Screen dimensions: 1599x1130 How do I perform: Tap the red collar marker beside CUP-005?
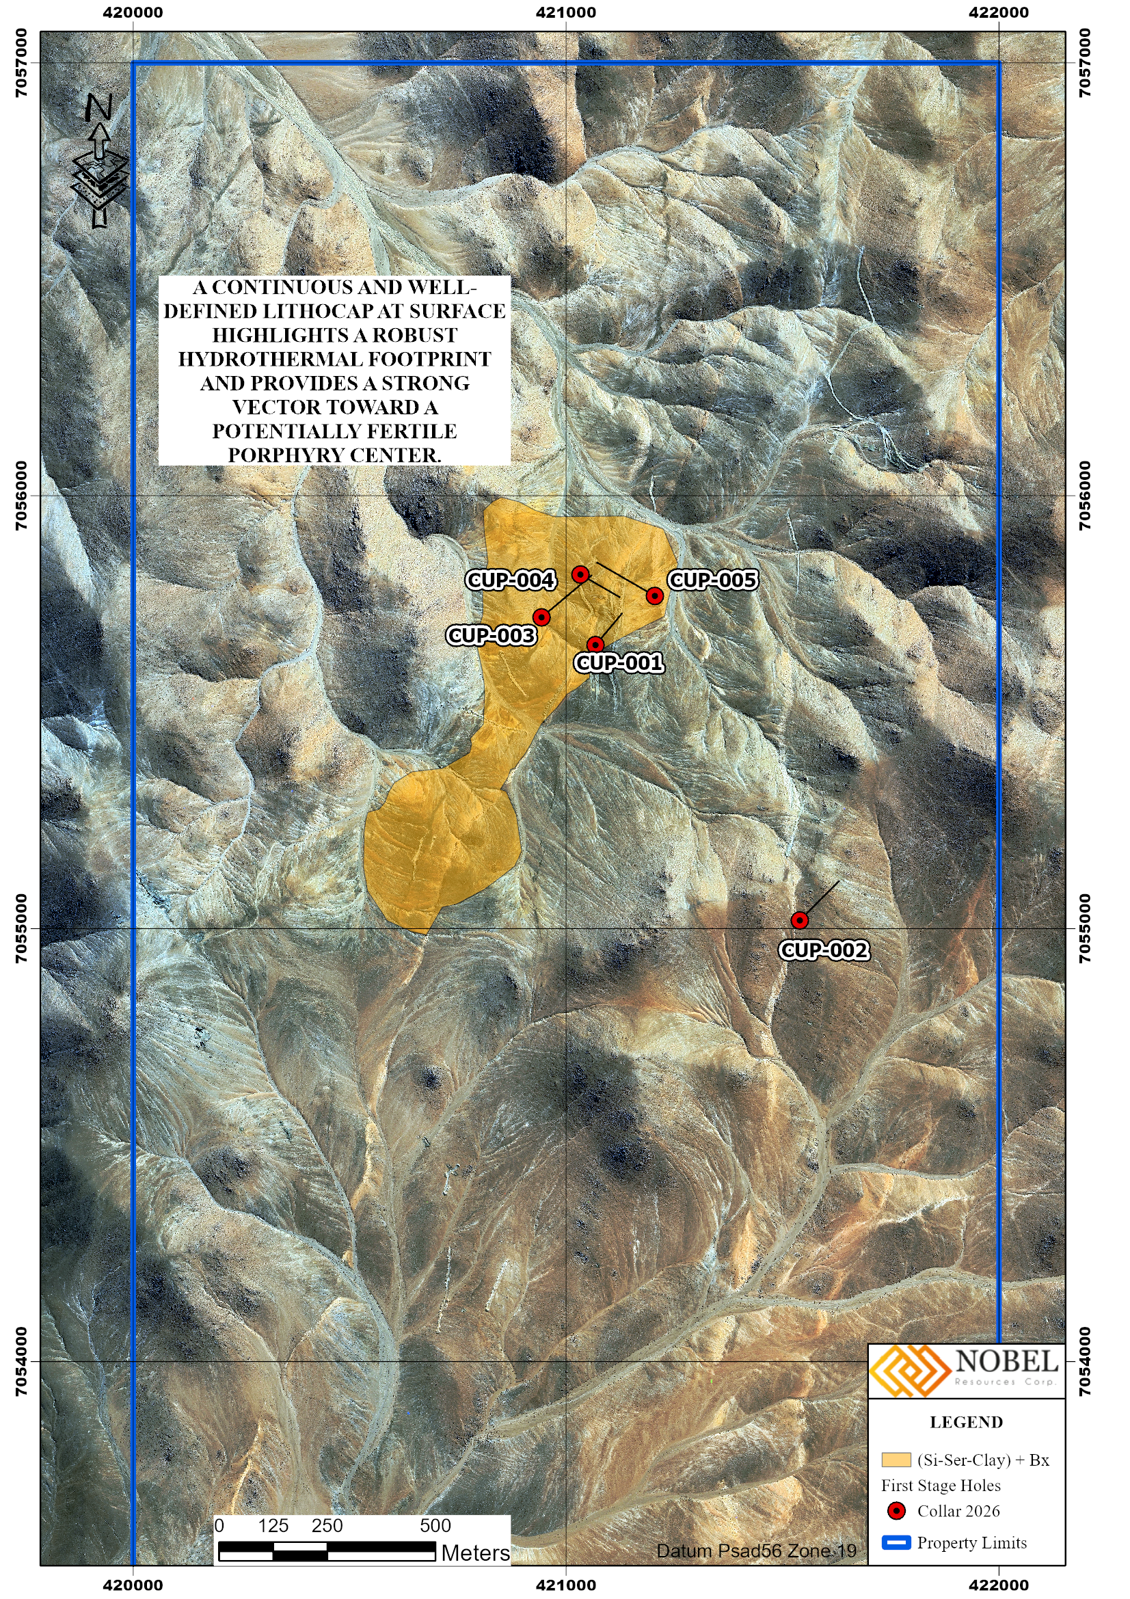(654, 595)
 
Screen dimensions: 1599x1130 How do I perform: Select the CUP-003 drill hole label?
(492, 635)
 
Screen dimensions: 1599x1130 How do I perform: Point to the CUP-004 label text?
(511, 580)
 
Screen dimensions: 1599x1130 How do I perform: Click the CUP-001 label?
(619, 662)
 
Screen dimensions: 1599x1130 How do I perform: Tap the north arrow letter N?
(98, 108)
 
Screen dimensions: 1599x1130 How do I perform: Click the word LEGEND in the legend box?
(967, 1422)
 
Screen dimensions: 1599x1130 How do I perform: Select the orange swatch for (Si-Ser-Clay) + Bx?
(896, 1460)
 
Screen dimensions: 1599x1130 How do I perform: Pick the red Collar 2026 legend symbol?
(897, 1511)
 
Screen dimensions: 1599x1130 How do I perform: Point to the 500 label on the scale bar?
(435, 1526)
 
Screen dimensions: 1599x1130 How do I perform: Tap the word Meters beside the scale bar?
(476, 1553)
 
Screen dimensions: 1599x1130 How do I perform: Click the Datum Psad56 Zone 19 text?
(756, 1551)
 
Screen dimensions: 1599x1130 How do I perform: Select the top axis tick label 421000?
(566, 12)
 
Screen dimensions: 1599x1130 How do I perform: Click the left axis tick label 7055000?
(22, 928)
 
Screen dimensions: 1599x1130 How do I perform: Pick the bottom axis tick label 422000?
(999, 1585)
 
